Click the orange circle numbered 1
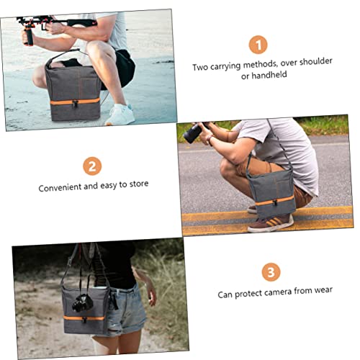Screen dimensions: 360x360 (x=258, y=45)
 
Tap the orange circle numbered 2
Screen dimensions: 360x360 (x=92, y=166)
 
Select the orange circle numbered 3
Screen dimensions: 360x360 (x=271, y=272)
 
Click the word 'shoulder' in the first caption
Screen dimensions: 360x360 (x=316, y=62)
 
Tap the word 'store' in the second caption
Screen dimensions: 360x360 (x=139, y=184)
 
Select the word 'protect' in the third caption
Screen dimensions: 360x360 (x=248, y=294)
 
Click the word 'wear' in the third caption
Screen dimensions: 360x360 (x=323, y=290)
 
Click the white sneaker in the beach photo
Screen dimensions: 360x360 (x=120, y=115)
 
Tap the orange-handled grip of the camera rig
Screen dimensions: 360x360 (x=28, y=35)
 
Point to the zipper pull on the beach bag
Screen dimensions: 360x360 (x=75, y=104)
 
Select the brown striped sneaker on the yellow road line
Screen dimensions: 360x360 (x=271, y=223)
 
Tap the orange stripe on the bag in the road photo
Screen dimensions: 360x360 (x=274, y=201)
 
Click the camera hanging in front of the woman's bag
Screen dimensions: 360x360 (x=82, y=303)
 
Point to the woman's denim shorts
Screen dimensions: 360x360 (x=126, y=310)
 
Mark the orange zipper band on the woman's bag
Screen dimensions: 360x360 (x=84, y=318)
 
